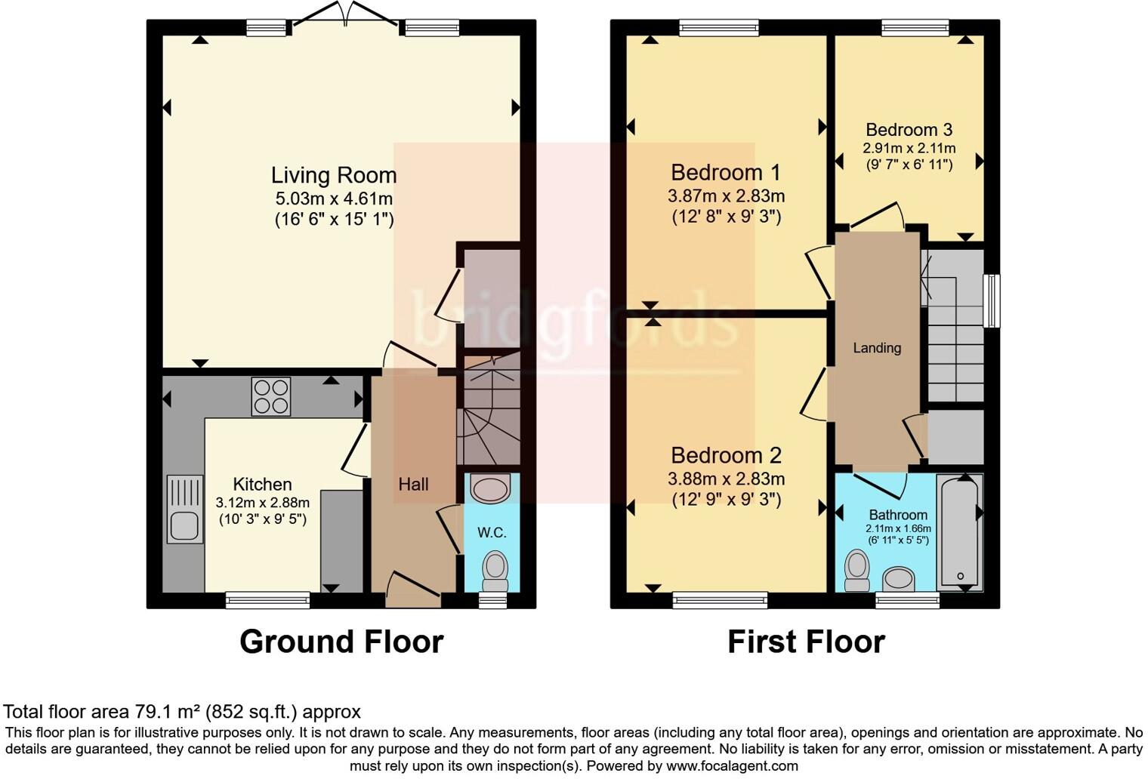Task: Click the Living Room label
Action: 334,175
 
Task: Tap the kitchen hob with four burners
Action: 270,396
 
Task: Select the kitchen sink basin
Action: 184,526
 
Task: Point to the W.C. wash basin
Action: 490,488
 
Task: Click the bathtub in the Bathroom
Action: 959,533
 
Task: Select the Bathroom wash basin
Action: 899,579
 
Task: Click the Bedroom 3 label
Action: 909,130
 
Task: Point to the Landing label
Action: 877,348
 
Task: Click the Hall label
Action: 413,485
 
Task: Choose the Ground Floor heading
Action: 341,641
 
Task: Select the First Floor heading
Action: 806,641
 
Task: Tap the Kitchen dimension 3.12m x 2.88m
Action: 262,503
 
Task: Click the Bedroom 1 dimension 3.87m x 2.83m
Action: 726,196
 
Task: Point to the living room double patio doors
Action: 345,14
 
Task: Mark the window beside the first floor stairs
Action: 993,300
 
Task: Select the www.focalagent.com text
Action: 732,766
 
